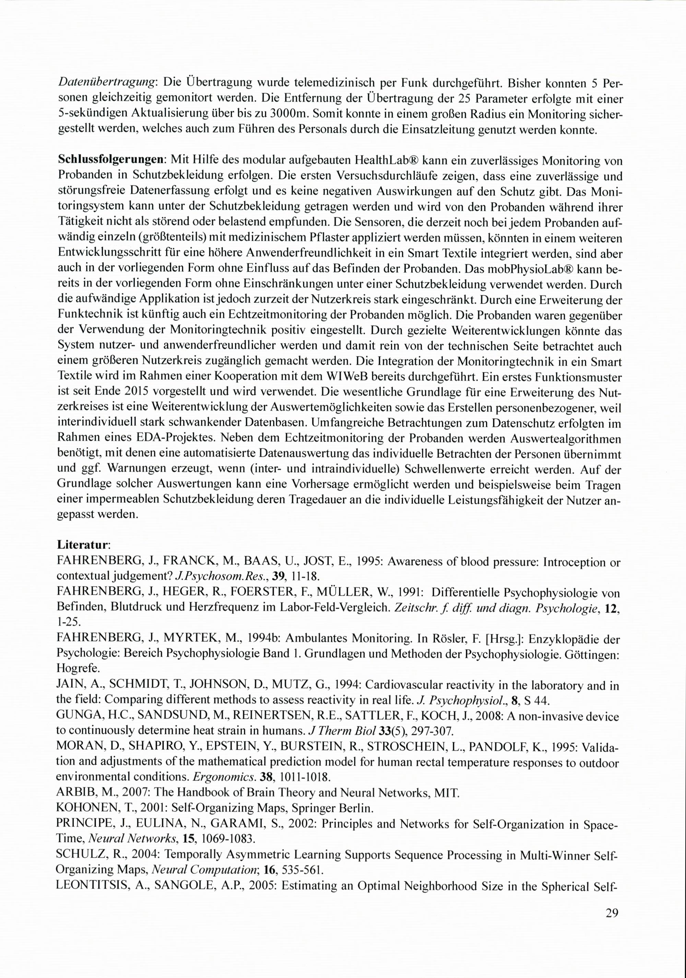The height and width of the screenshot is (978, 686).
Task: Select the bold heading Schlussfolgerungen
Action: coord(111,160)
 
